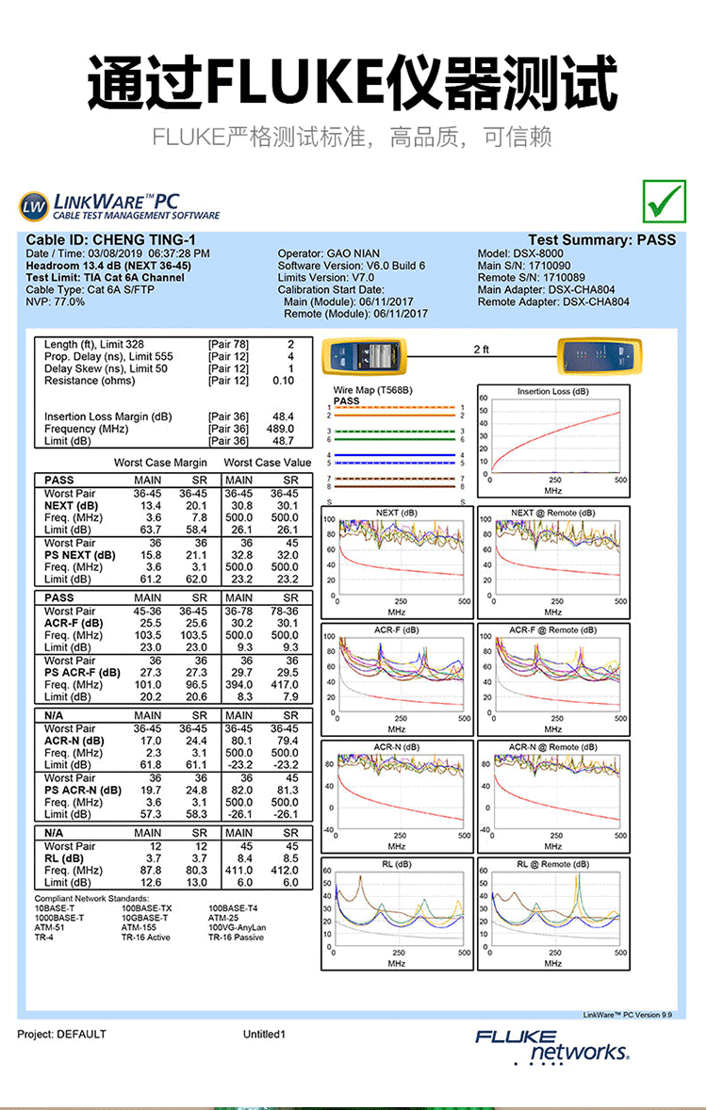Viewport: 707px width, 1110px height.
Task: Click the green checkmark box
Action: (665, 199)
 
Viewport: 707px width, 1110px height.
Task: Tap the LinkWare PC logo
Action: (119, 206)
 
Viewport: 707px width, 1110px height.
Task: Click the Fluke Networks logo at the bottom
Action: (552, 1046)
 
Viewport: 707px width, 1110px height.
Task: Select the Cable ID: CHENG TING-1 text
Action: (110, 240)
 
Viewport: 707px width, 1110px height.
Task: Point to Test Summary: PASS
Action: (601, 240)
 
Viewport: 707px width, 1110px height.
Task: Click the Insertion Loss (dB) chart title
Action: (552, 391)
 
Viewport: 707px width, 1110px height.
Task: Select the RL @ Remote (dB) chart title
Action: (552, 864)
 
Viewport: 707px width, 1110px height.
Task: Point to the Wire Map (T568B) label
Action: (373, 390)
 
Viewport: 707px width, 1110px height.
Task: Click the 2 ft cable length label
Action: (481, 350)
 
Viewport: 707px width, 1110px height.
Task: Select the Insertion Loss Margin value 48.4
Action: (283, 416)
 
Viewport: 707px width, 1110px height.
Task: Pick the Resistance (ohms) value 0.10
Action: (283, 381)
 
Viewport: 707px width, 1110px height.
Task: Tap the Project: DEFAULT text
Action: (62, 1034)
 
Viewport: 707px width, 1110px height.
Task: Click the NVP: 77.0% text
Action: (56, 302)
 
